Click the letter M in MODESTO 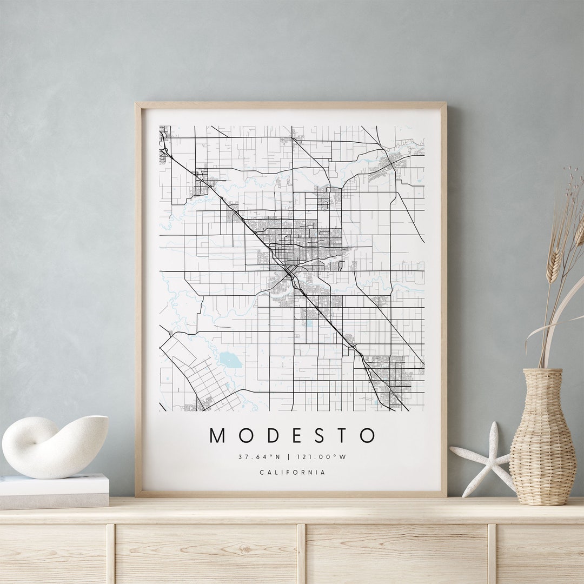point(217,435)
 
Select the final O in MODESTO point(367,435)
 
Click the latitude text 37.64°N point(260,457)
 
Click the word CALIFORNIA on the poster point(293,473)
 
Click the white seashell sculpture point(54,446)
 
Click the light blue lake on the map point(230,360)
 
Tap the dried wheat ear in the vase point(554,265)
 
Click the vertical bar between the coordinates point(292,457)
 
